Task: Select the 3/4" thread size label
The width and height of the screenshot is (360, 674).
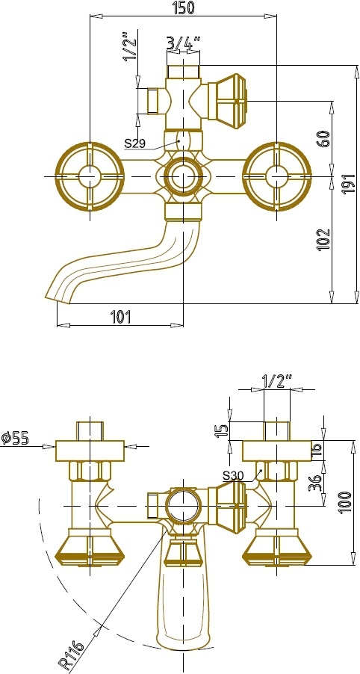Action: [184, 43]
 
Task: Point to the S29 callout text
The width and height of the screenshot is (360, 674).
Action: [135, 143]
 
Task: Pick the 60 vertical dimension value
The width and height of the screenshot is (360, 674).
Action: [324, 138]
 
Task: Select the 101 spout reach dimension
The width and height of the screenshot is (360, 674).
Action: [121, 318]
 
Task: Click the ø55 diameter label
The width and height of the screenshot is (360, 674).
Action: [15, 438]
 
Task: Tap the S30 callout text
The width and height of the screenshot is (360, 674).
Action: [233, 475]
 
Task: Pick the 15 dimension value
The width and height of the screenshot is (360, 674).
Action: [221, 430]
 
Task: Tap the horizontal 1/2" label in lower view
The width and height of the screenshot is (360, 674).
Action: [276, 381]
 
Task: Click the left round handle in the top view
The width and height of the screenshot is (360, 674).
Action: [90, 176]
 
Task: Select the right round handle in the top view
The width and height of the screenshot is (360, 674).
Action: [276, 176]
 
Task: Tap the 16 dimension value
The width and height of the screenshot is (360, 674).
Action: [316, 450]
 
